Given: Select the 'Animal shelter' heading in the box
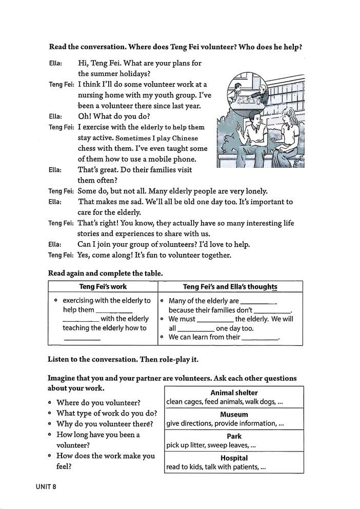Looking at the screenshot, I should [x=234, y=393].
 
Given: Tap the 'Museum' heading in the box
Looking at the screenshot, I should [x=234, y=414].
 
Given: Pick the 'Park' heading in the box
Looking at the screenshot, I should [x=234, y=436].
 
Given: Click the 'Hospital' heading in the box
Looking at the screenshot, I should [x=234, y=458].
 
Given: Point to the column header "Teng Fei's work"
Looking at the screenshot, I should [x=103, y=286].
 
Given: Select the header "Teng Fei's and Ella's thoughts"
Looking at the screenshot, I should [x=230, y=286].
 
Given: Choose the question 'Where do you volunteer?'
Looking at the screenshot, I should [x=98, y=402].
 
